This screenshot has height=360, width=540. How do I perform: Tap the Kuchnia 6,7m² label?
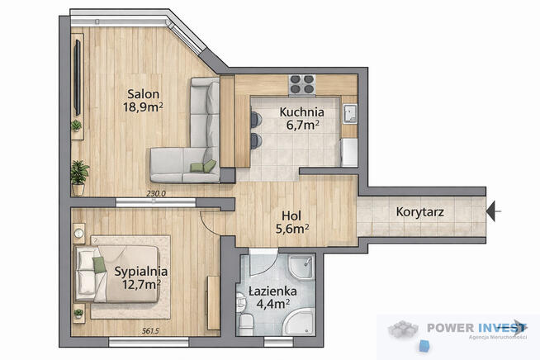301,119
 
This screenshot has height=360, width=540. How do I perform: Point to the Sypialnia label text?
141,272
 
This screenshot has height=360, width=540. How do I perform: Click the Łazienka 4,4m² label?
272,297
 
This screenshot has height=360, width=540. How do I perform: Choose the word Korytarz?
419,212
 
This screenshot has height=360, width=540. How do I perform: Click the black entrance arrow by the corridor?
493,211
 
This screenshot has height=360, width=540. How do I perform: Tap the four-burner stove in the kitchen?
302,84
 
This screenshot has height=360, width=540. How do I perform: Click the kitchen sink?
350,113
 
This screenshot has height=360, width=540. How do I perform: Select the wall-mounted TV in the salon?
78,78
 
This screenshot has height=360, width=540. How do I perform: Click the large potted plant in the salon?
79,178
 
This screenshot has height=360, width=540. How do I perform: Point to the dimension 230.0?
156,193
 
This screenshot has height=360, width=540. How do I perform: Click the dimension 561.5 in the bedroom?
150,331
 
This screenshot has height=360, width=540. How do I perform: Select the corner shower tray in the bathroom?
301,268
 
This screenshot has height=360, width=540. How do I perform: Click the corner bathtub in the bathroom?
299,321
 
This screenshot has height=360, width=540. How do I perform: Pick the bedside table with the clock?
79,234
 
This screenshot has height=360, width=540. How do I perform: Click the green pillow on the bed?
99,265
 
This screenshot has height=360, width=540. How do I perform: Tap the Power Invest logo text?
476,328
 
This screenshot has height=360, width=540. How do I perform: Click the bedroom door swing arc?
209,227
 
